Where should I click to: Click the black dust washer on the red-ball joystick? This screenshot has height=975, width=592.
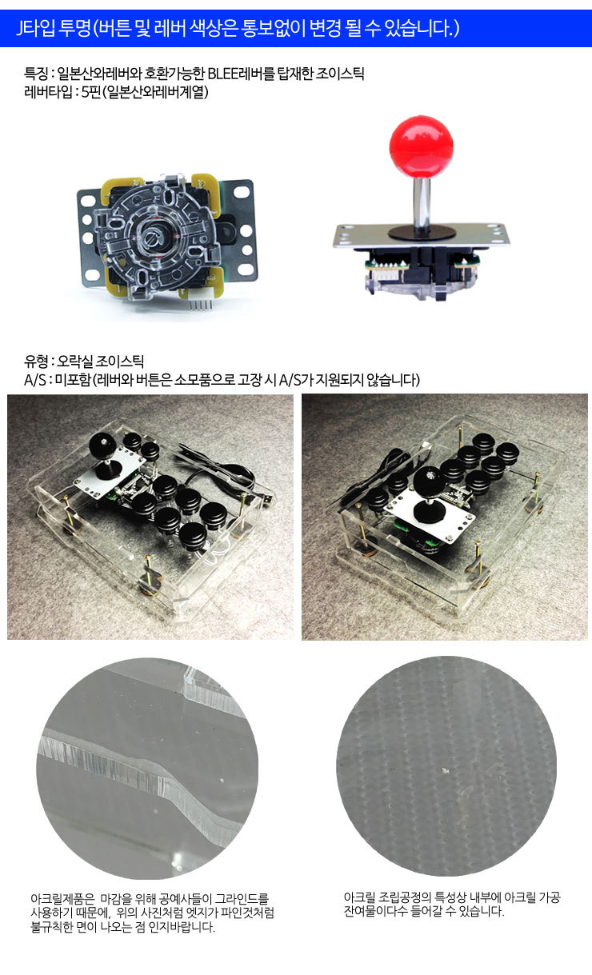(x=422, y=233)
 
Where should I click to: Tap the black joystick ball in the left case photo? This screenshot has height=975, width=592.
(x=103, y=446)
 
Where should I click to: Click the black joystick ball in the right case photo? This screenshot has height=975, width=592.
(x=428, y=482)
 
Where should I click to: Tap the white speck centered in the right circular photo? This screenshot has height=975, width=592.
(x=446, y=770)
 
